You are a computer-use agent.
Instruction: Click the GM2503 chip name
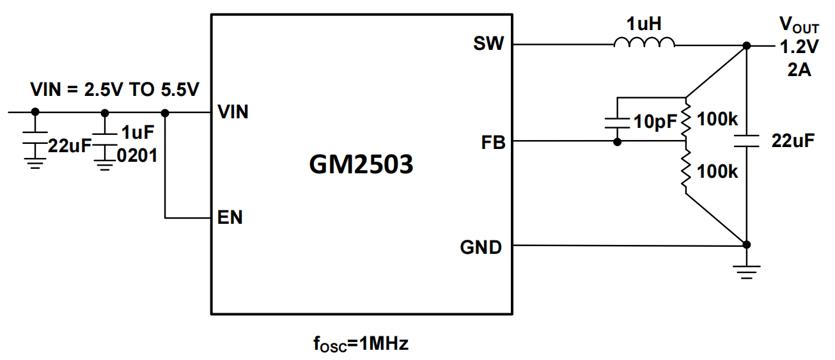pos(361,165)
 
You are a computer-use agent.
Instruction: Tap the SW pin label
pos(488,44)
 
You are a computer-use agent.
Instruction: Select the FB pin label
pos(493,143)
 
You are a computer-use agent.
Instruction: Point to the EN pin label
pos(230,217)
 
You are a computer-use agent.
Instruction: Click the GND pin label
pos(481,247)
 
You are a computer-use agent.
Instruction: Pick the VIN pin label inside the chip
pos(233,113)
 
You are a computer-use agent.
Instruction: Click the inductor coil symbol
pos(644,43)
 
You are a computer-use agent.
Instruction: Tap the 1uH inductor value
pos(643,24)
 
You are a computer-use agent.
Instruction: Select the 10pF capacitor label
pos(653,121)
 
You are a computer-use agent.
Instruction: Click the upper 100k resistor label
pos(717,119)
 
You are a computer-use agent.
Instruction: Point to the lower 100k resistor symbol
pos(685,171)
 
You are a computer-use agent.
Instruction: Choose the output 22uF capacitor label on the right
pos(793,141)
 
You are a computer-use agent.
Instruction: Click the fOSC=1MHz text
pos(361,344)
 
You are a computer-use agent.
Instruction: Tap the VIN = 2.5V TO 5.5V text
pos(115,90)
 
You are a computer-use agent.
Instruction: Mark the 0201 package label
pos(137,155)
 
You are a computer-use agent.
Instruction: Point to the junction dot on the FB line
pos(617,141)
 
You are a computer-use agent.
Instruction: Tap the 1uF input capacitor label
pos(138,132)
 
